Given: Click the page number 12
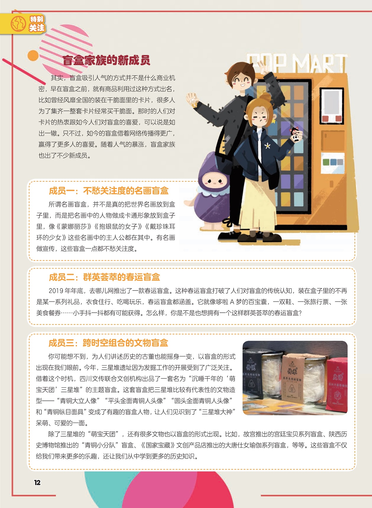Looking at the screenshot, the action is pyautogui.click(x=37, y=482).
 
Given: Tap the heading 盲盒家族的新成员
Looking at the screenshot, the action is pyautogui.click(x=106, y=60).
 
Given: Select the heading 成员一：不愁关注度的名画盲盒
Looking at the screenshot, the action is pyautogui.click(x=109, y=191).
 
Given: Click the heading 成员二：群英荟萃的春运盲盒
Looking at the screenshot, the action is pyautogui.click(x=104, y=277).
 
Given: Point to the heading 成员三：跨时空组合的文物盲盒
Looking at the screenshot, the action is pyautogui.click(x=108, y=343).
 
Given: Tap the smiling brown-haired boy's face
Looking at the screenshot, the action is pyautogui.click(x=243, y=80).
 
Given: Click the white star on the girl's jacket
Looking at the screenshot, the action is pyautogui.click(x=267, y=146).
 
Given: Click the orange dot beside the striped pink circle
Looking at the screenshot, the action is pyautogui.click(x=33, y=56).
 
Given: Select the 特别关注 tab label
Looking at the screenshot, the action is pyautogui.click(x=37, y=24).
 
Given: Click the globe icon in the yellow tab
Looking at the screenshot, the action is pyautogui.click(x=18, y=24).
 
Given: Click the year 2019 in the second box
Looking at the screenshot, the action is pyautogui.click(x=56, y=291).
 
